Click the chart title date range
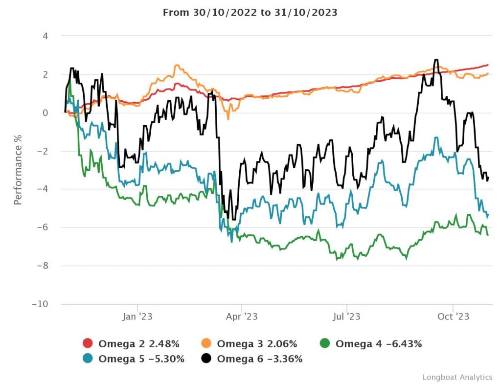(x=250, y=13)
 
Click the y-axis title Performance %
(x=18, y=169)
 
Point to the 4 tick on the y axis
(x=45, y=36)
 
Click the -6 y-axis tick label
(x=42, y=227)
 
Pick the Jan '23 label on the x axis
(x=137, y=317)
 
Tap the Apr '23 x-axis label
(x=242, y=317)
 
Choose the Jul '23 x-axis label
(x=346, y=317)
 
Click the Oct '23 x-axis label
(x=454, y=317)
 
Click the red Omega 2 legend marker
(x=88, y=344)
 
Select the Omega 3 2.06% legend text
(x=257, y=344)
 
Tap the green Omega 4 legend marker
(x=325, y=344)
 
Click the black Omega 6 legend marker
(x=206, y=359)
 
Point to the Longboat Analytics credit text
(x=457, y=377)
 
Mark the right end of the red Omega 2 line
(x=488, y=65)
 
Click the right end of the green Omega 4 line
(x=488, y=235)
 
